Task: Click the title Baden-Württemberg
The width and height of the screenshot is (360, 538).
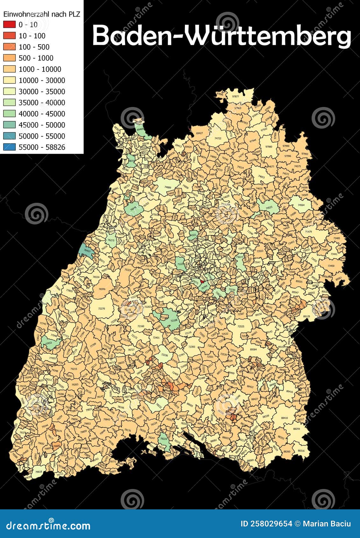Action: coord(222,36)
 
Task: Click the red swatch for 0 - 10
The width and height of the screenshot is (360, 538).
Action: coord(9,25)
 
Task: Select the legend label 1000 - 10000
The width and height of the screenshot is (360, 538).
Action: coord(40,69)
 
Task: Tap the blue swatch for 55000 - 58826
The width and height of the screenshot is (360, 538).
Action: coord(9,147)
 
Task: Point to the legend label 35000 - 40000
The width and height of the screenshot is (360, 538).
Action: coord(42,103)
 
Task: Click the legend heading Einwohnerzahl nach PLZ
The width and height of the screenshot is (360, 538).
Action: coord(41,14)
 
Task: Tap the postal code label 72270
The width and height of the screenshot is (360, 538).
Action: coord(101,308)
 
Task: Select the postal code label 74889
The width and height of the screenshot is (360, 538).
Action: coord(168,188)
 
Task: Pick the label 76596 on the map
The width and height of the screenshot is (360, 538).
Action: coord(102,289)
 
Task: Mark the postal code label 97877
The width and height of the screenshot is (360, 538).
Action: coord(236,96)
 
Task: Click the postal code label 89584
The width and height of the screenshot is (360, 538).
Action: coord(253,349)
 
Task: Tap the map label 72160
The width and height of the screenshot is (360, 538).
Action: coord(140,326)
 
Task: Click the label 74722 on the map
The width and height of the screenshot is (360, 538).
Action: coord(218,138)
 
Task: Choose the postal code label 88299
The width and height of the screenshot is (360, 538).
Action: coord(296,429)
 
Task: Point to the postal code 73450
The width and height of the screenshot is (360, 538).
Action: coord(331,265)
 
